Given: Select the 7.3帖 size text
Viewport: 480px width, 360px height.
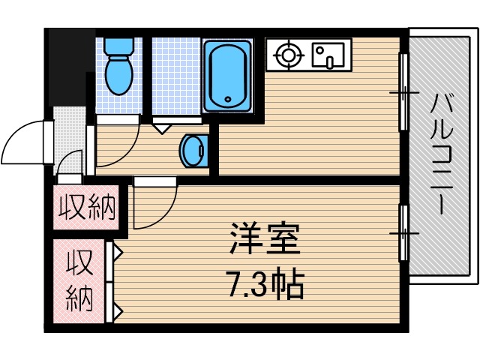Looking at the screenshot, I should (x=265, y=283).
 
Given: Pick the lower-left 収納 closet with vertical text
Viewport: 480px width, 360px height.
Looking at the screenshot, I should (x=81, y=279).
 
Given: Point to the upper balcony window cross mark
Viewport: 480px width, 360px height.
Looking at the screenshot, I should (x=403, y=93).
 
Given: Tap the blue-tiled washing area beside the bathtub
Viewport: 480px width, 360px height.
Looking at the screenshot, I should (x=175, y=75).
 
